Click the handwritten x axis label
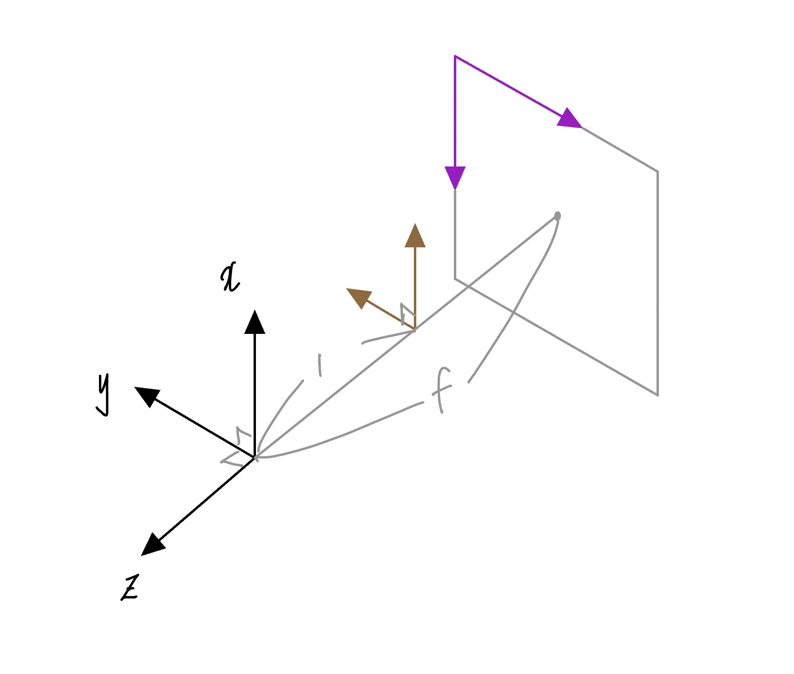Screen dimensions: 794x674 (230, 278)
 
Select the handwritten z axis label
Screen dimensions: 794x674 (130, 588)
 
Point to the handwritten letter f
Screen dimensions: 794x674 (442, 389)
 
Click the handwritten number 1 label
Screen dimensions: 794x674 (320, 365)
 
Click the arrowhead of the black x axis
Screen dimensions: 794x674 (255, 322)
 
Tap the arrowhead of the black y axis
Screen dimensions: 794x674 (147, 395)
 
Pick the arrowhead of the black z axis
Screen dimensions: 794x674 (152, 545)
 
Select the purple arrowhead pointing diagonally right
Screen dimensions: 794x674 (569, 119)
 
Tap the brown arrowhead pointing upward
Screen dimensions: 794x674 (415, 236)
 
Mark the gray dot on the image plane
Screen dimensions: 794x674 (558, 216)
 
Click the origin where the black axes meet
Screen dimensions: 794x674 (255, 458)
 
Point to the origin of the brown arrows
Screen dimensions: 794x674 (415, 329)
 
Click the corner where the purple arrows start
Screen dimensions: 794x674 (455, 56)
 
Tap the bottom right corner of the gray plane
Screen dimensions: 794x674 (658, 395)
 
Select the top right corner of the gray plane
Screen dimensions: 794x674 (658, 171)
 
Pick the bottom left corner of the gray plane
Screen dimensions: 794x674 (455, 279)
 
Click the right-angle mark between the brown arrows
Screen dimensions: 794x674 (406, 313)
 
